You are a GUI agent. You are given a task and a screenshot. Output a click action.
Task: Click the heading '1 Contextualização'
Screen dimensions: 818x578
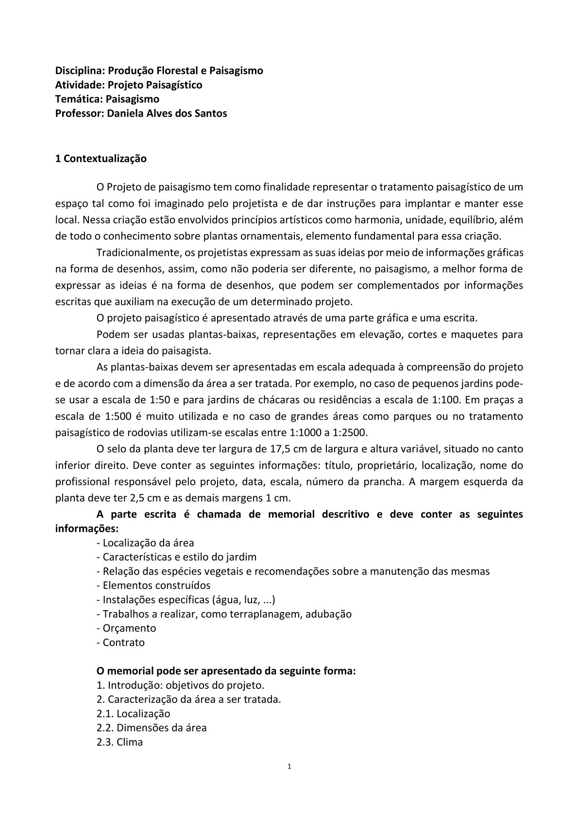101,158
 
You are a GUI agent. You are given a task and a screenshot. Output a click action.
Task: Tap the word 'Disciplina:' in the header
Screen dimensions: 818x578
80,70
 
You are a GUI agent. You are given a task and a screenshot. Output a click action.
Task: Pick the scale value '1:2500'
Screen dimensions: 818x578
350,432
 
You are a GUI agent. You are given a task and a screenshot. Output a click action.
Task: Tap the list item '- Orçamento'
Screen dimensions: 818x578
127,628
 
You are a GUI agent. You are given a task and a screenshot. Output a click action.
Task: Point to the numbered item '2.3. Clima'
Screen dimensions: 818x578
120,742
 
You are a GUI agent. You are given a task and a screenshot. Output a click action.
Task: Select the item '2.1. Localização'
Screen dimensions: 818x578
134,714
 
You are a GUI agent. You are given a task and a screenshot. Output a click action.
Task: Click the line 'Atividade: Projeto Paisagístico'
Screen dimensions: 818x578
129,85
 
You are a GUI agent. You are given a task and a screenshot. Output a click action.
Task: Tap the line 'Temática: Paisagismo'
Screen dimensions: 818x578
107,99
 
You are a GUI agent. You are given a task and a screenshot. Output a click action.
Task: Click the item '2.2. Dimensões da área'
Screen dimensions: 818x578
152,728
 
